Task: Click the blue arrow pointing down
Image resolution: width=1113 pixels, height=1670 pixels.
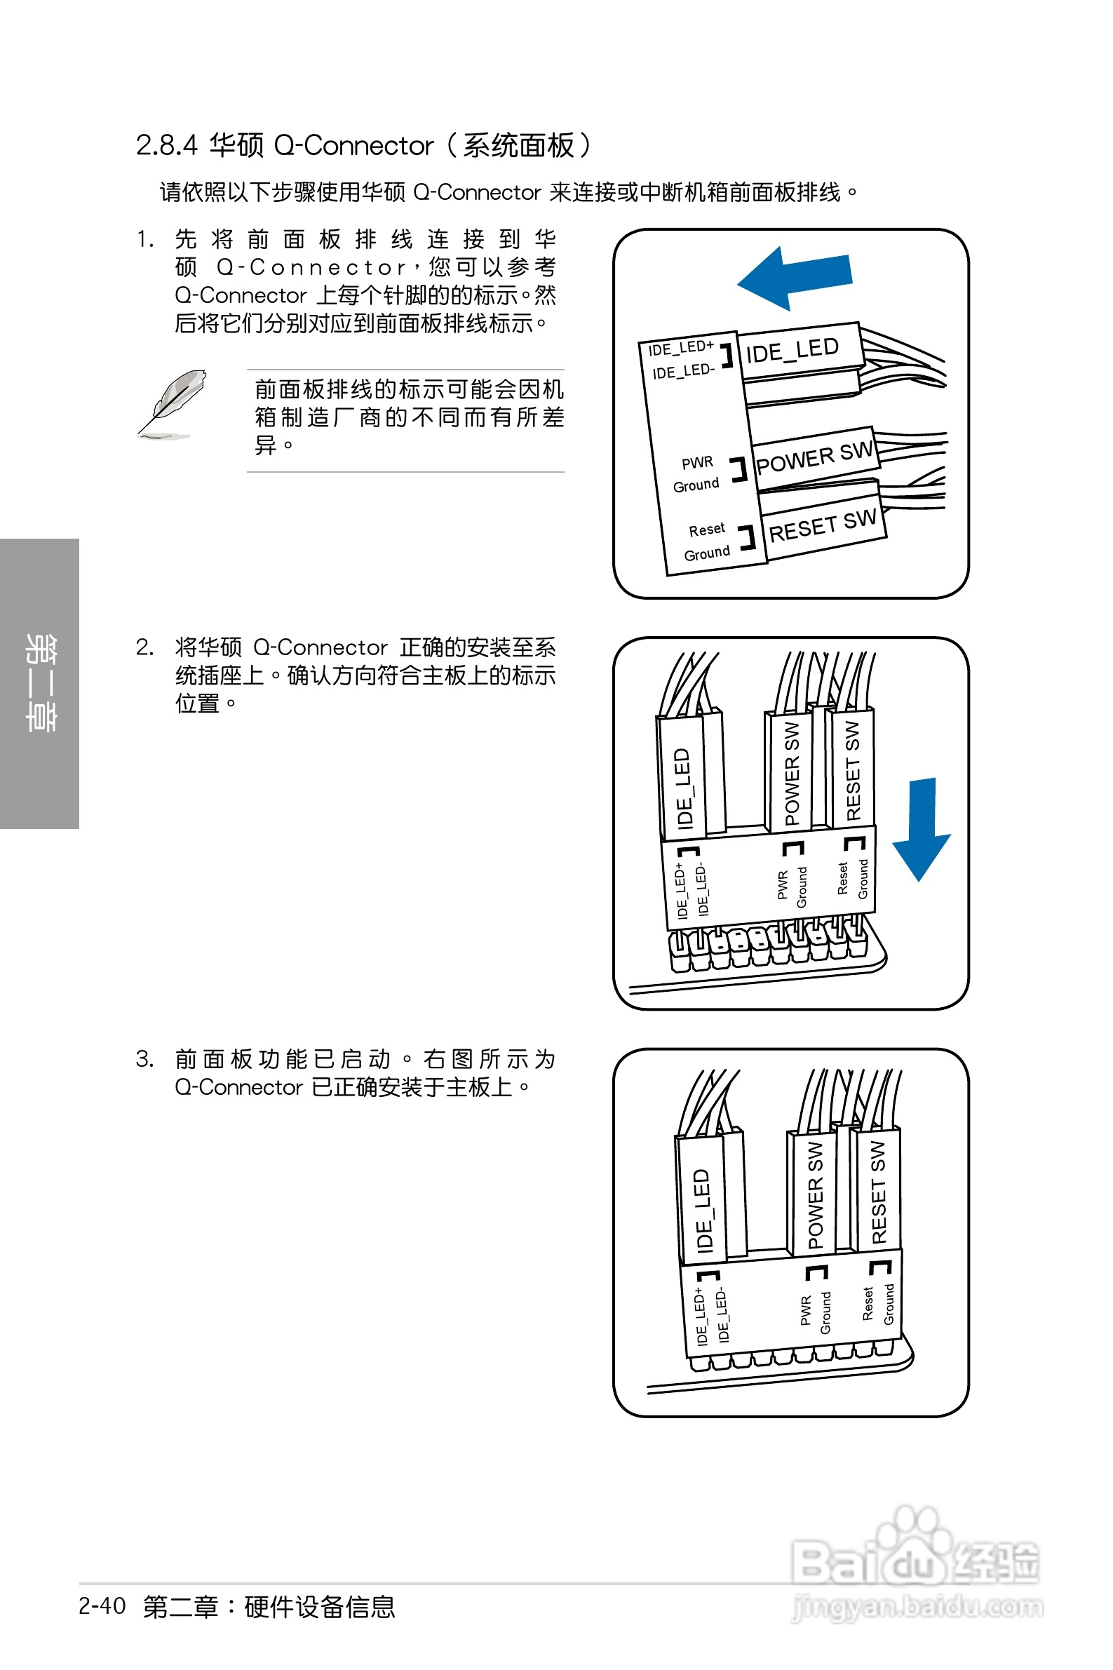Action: [922, 828]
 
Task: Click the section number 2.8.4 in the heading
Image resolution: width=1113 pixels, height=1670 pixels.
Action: [166, 145]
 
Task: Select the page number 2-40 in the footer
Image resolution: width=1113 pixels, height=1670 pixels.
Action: [102, 1605]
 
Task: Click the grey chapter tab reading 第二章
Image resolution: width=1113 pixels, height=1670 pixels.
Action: [40, 682]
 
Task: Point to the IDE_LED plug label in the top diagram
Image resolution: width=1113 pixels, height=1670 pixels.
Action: [792, 350]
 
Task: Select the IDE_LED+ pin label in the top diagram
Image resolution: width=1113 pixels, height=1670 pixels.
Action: [680, 348]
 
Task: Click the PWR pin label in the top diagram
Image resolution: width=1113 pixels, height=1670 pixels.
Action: [697, 463]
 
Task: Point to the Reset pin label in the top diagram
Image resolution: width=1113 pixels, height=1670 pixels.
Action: [706, 530]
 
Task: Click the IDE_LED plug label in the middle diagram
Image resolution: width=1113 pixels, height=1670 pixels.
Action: [683, 788]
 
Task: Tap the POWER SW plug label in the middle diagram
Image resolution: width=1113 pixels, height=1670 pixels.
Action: [792, 773]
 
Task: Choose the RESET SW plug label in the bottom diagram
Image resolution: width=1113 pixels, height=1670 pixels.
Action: [878, 1192]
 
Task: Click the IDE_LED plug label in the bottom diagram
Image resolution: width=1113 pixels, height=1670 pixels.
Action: [702, 1209]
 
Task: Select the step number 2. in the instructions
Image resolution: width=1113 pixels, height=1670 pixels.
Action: [144, 647]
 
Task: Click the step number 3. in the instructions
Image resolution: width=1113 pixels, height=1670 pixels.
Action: [144, 1059]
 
